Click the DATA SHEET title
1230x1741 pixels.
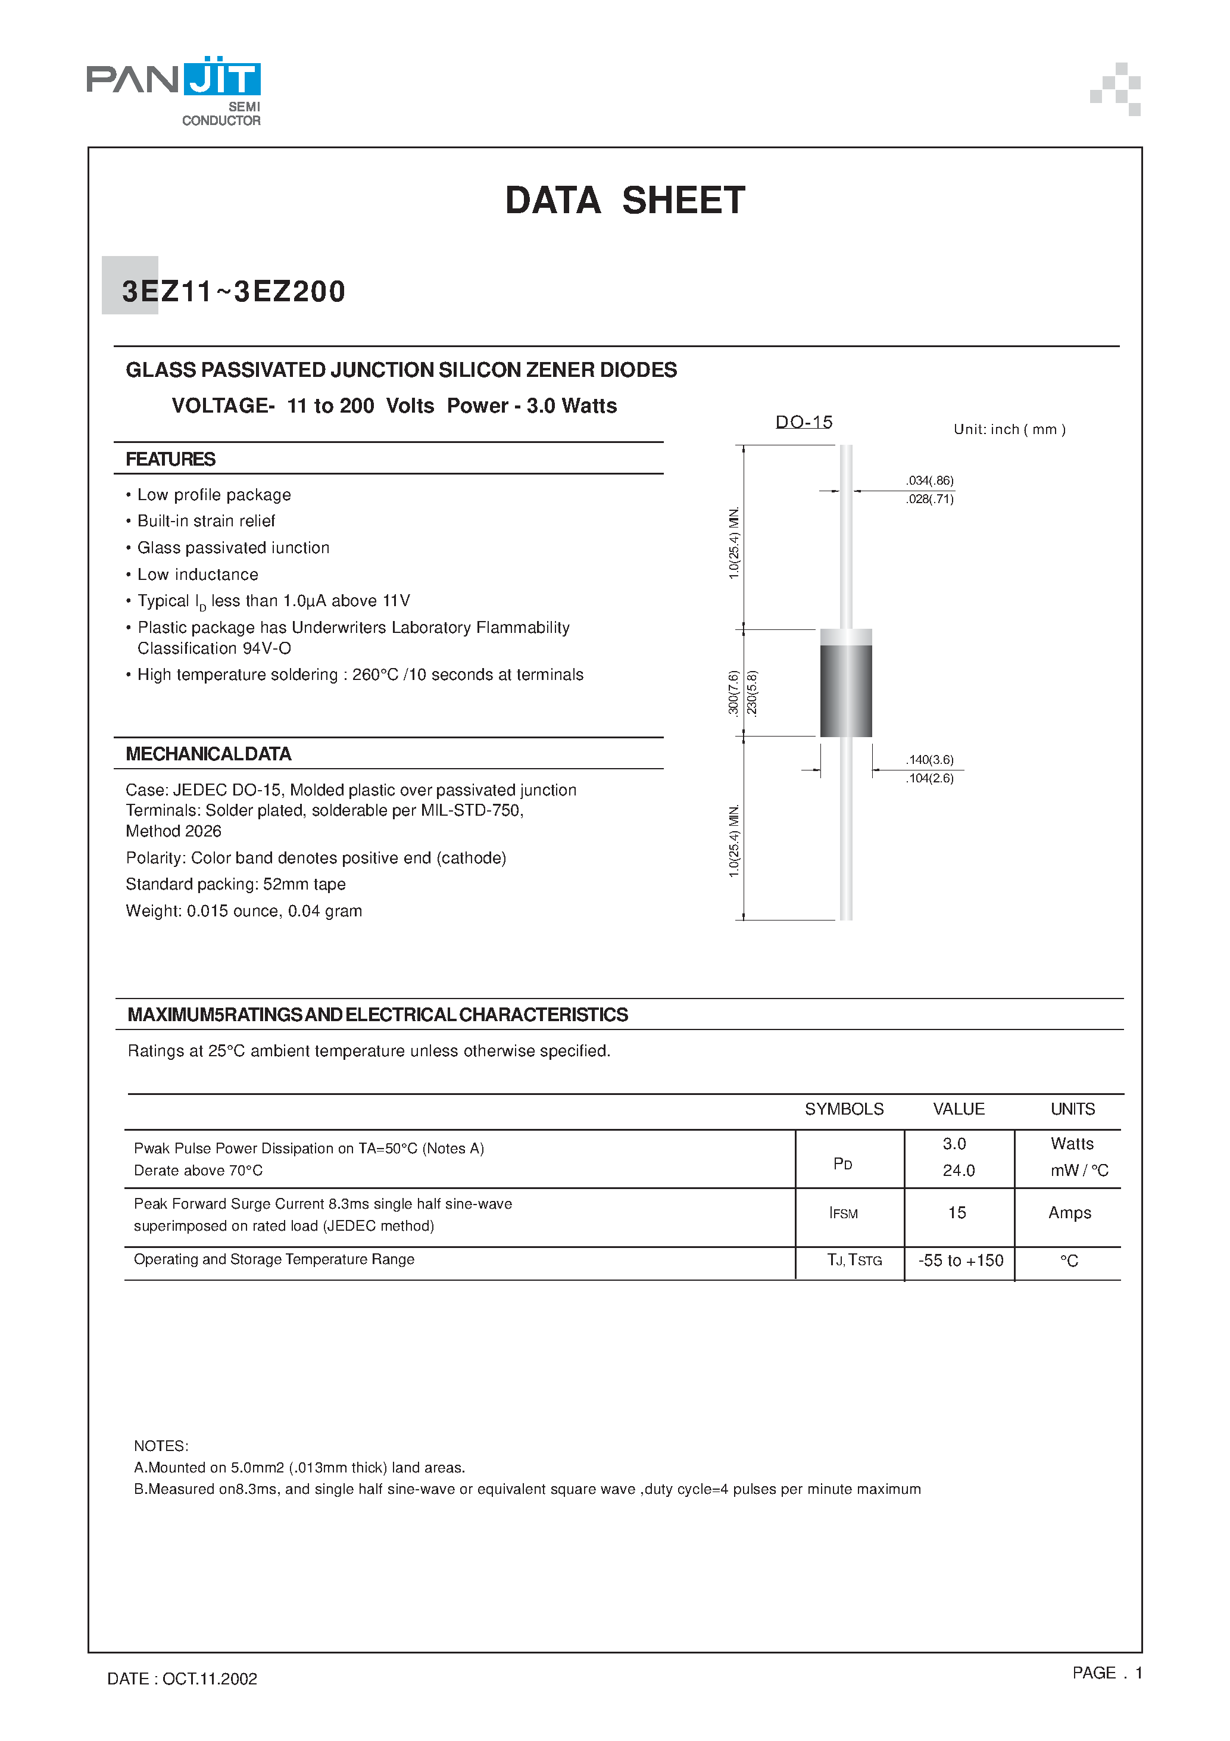pyautogui.click(x=625, y=201)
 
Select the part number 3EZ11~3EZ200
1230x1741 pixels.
pyautogui.click(x=233, y=292)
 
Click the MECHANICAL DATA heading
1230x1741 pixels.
pyautogui.click(x=208, y=754)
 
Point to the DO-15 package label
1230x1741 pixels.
pyautogui.click(x=804, y=422)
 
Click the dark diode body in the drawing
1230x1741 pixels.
pyautogui.click(x=845, y=690)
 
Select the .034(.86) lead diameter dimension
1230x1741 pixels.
pyautogui.click(x=930, y=481)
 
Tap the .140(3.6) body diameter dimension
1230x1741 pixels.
pyautogui.click(x=930, y=760)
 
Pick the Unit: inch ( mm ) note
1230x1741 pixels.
pyautogui.click(x=1009, y=429)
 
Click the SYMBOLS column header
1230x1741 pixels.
pyautogui.click(x=844, y=1109)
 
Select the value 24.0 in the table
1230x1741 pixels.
pyautogui.click(x=959, y=1170)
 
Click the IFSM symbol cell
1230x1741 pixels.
pyautogui.click(x=843, y=1213)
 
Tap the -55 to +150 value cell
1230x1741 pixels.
pyautogui.click(x=960, y=1260)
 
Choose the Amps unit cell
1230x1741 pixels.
pyautogui.click(x=1069, y=1212)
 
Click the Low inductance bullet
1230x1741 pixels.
pyautogui.click(x=197, y=574)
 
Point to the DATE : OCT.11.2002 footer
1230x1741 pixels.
pyautogui.click(x=182, y=1679)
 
